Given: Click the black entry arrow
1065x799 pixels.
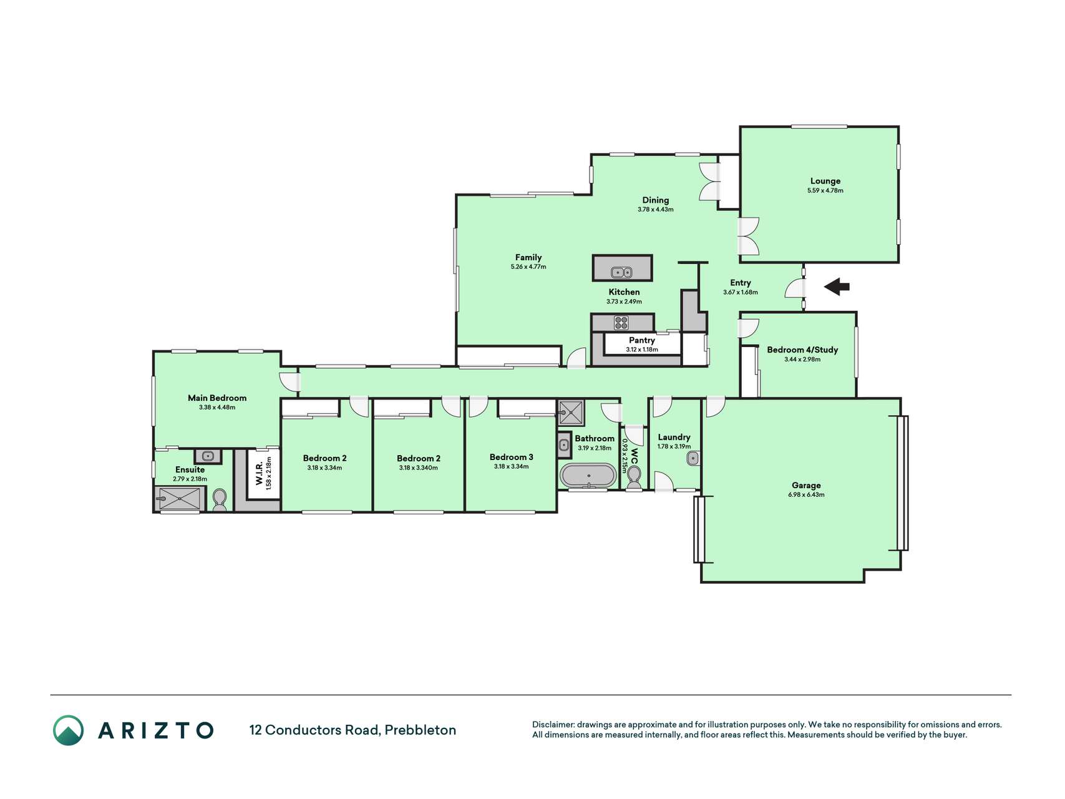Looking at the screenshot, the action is click(x=837, y=287).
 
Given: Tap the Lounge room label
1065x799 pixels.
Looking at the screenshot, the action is click(x=825, y=181).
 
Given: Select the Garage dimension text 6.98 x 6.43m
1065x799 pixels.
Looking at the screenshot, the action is click(x=806, y=495).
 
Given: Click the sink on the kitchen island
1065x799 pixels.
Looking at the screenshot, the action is click(x=621, y=272).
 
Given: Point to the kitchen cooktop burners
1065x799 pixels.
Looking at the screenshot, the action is click(x=621, y=323).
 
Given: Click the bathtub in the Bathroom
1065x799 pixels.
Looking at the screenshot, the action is click(x=588, y=476).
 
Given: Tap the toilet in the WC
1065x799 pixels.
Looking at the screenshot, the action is click(x=634, y=477).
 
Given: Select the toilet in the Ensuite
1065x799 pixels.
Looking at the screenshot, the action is click(x=219, y=500).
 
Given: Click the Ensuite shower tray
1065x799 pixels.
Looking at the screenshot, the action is click(x=180, y=499).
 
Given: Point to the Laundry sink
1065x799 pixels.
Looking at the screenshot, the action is click(x=693, y=459).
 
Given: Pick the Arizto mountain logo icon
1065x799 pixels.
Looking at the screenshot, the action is click(x=68, y=730).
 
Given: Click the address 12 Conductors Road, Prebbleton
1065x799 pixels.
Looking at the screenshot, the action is click(x=353, y=730).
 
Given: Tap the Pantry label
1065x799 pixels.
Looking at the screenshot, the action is click(x=642, y=340).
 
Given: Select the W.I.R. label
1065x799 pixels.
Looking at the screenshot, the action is click(x=259, y=473).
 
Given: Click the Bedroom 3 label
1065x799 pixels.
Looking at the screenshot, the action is click(x=511, y=457).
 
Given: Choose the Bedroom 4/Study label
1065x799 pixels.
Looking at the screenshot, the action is click(x=802, y=350).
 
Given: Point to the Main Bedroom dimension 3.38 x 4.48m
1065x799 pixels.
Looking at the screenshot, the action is click(x=217, y=408).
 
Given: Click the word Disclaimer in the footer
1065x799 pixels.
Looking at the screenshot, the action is click(x=553, y=725).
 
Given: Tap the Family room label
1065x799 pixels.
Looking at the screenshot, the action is click(x=528, y=257).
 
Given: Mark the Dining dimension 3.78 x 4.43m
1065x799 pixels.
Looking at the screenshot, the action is click(x=656, y=210).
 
